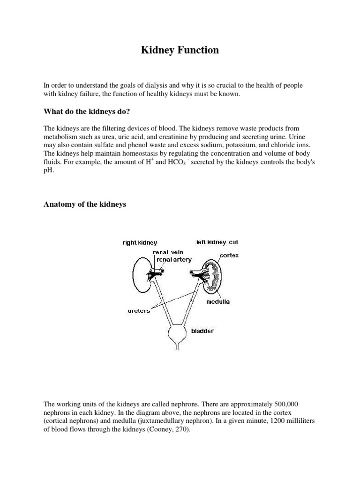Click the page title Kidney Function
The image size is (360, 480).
[180, 50]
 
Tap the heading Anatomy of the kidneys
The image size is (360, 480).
[85, 204]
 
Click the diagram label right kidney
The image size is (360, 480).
[140, 243]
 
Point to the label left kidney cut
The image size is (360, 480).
[217, 242]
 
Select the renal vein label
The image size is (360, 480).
[168, 252]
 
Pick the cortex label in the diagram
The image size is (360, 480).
[229, 255]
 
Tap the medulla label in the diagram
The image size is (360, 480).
[218, 302]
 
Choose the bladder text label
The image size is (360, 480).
[202, 331]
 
